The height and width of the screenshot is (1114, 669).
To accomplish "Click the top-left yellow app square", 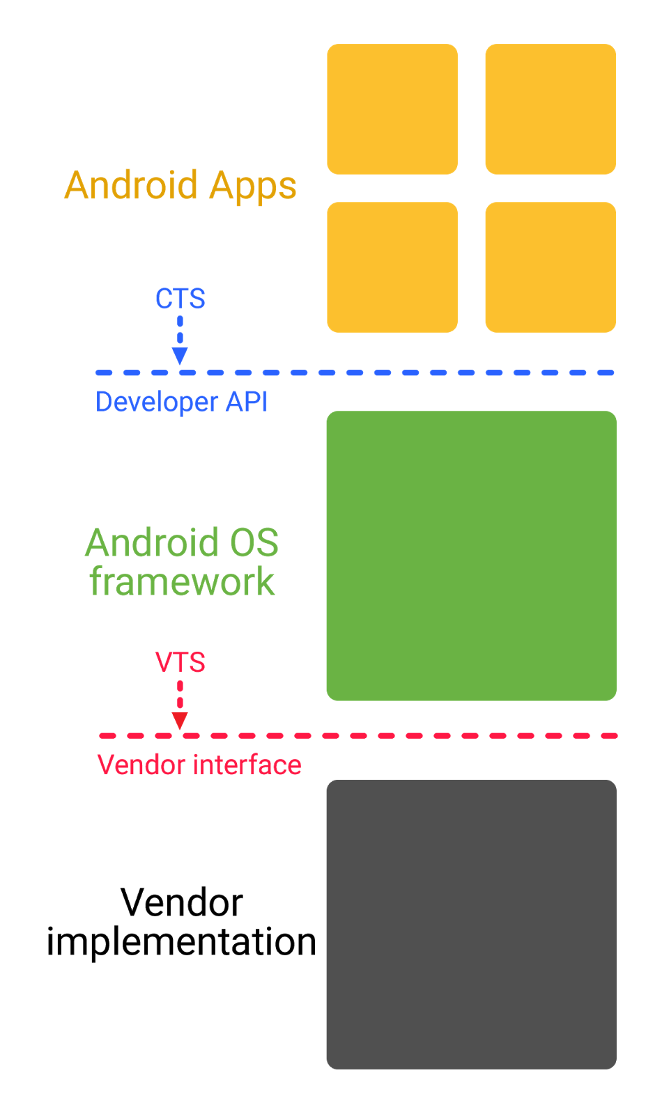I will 392,109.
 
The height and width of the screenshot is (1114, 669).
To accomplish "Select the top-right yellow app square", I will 551,109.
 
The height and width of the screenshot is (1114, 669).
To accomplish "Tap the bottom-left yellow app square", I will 392,267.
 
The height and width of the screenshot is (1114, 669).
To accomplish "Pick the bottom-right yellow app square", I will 551,267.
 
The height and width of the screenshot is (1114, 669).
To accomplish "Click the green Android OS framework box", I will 471,556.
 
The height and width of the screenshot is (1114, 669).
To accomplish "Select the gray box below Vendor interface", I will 471,924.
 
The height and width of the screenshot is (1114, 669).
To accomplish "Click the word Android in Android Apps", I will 131,186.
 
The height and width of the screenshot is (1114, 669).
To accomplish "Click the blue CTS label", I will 180,299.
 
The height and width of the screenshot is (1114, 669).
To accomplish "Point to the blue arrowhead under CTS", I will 180,356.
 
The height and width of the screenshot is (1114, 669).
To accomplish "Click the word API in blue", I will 247,402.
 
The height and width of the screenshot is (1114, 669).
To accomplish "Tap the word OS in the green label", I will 254,543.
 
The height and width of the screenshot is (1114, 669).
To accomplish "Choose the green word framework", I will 182,582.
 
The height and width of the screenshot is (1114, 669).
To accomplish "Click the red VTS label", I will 180,662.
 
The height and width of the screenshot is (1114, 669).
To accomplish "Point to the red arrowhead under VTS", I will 180,721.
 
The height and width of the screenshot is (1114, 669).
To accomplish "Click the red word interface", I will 247,765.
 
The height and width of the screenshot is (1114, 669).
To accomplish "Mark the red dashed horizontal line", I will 418,736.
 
